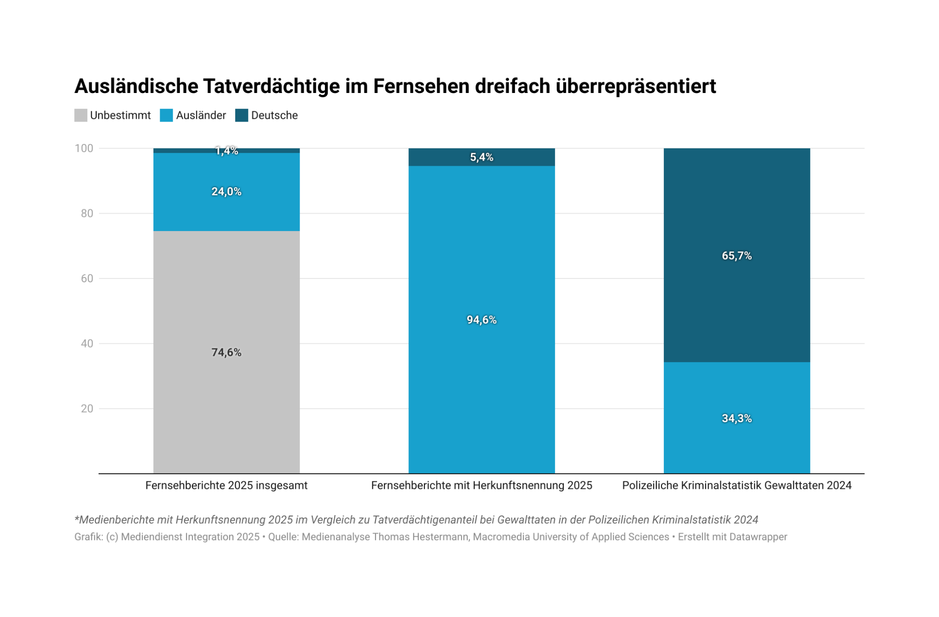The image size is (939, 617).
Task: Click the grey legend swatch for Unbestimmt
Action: (81, 116)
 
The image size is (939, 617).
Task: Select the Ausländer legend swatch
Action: (166, 116)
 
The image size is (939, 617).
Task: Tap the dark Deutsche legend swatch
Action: (241, 116)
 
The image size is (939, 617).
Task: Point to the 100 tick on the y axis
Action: (84, 148)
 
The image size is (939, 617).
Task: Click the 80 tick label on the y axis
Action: (87, 214)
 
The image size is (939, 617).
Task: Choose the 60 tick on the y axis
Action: (87, 278)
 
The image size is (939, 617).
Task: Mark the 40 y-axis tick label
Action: (87, 344)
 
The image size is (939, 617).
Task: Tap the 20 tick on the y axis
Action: (87, 409)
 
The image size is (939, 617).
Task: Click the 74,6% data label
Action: (226, 353)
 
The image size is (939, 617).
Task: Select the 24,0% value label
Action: (226, 192)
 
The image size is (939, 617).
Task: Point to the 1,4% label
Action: (226, 151)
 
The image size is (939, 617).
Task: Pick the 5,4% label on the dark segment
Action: (482, 157)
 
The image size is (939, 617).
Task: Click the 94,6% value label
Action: (482, 320)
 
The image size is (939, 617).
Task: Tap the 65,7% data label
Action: (737, 256)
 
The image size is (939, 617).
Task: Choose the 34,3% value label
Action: (737, 418)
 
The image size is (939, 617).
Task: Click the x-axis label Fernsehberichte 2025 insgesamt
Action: (226, 486)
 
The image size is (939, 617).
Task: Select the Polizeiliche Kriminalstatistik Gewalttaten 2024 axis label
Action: (737, 486)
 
